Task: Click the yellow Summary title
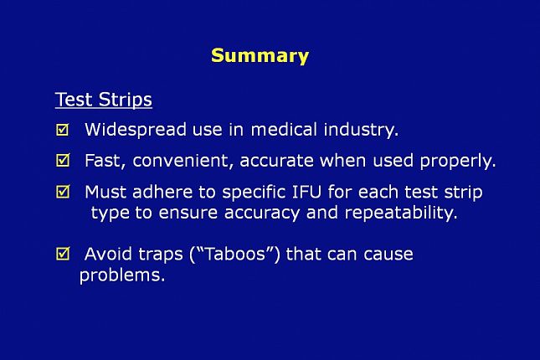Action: [260, 56]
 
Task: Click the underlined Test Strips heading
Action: [103, 100]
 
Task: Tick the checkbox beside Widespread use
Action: [63, 130]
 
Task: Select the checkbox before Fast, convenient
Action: [63, 160]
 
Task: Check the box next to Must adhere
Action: [63, 192]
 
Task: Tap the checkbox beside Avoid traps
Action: [63, 254]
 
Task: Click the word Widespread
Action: [136, 130]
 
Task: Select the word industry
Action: [361, 131]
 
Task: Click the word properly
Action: [458, 162]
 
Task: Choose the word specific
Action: [254, 193]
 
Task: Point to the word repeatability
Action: [401, 213]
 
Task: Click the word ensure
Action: [188, 213]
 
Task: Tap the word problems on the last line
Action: [122, 275]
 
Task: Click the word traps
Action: [161, 255]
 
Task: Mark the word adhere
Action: [162, 192]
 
